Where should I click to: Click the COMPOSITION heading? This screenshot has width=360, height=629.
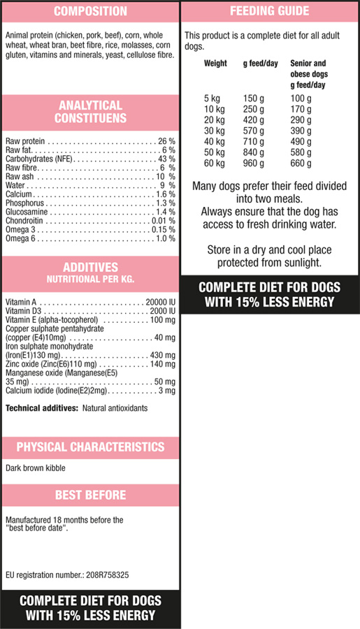tap(90, 11)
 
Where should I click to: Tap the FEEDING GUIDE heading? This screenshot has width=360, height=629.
tap(269, 10)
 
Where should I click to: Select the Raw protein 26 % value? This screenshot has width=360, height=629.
tap(166, 141)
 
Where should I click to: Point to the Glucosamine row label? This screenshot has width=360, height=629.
tap(27, 212)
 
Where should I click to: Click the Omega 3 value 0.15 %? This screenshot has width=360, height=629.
tap(164, 229)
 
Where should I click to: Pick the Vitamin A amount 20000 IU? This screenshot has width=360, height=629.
tap(161, 302)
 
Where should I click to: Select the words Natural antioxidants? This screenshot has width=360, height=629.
tap(115, 408)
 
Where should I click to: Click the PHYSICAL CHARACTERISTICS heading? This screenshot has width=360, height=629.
tap(90, 447)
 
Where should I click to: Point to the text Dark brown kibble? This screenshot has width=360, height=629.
tap(36, 468)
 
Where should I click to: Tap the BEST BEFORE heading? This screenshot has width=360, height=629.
tap(90, 495)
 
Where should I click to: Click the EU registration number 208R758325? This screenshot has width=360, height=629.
tap(108, 575)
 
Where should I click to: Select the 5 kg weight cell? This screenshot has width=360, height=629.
tap(212, 99)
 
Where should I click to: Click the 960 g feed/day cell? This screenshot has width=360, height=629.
tap(254, 164)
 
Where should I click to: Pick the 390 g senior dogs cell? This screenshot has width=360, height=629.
tap(301, 131)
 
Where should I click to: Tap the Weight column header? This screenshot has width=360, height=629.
tap(215, 64)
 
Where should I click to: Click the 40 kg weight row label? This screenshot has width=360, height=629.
tap(215, 142)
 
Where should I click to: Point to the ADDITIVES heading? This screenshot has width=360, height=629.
tap(90, 267)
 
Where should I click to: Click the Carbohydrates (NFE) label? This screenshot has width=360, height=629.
tap(39, 159)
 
